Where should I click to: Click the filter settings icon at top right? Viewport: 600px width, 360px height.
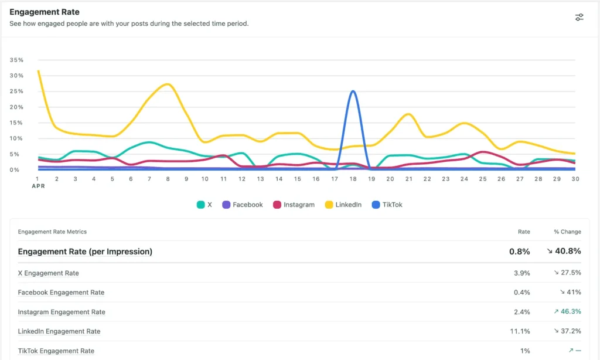pos(579,17)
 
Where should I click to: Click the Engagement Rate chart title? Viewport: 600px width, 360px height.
pos(45,12)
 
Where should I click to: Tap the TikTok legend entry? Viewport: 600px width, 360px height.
pos(387,205)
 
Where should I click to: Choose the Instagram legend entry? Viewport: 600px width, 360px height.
pos(294,205)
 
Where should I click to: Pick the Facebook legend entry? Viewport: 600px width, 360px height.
pos(242,205)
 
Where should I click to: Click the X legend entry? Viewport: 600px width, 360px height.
pos(204,205)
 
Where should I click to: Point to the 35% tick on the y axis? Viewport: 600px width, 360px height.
pos(16,60)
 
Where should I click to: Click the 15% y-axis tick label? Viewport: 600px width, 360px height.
pos(16,123)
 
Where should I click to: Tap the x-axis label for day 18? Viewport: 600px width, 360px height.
pos(352,179)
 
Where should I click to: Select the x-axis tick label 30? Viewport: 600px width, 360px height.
pos(575,179)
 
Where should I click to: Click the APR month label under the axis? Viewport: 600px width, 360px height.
pos(37,186)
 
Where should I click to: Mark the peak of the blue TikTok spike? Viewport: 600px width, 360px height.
pos(352,91)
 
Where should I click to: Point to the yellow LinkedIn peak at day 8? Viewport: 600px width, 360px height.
pos(168,84)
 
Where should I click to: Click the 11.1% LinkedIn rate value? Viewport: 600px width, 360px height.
pos(520,331)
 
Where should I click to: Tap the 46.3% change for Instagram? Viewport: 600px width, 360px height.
pos(567,312)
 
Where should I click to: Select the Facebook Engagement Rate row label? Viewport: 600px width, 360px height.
pos(61,293)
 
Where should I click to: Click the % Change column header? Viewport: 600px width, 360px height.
pos(567,232)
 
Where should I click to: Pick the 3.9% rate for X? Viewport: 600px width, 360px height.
pos(521,273)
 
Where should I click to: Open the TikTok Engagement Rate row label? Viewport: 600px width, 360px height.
pos(56,351)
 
